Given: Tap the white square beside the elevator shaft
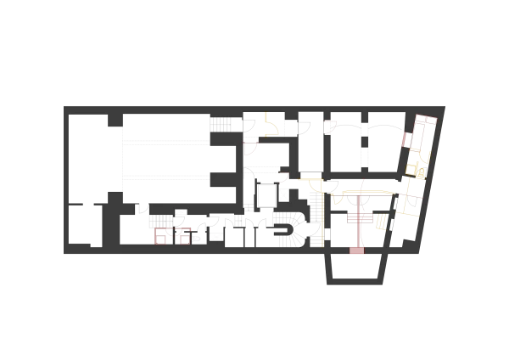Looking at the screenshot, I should click(x=284, y=195).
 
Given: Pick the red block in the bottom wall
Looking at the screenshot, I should click(x=356, y=250).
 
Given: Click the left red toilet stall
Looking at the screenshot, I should click(x=161, y=236).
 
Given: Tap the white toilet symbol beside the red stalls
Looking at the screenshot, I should click(x=196, y=239).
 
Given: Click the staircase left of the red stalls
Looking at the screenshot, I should click(x=160, y=222).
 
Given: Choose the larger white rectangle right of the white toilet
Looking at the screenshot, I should click(x=216, y=237).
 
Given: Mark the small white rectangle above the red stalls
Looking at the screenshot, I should click(x=181, y=211).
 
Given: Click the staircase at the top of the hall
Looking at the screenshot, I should click(x=221, y=124).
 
